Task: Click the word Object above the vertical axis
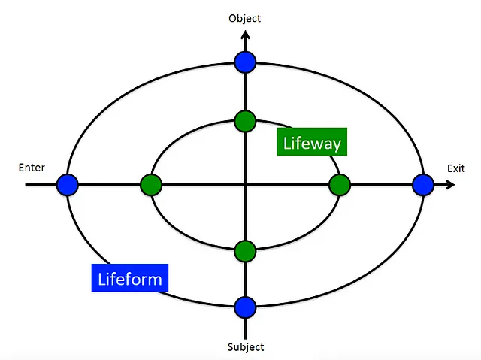(245, 18)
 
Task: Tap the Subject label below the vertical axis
(245, 346)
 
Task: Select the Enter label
(32, 168)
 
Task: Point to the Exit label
(455, 168)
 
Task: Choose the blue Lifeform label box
(129, 278)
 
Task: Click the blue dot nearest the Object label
(245, 62)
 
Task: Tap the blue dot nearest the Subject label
(245, 307)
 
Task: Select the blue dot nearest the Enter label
(68, 184)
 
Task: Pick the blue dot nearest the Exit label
(423, 184)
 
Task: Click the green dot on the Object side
(245, 120)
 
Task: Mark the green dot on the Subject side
(245, 250)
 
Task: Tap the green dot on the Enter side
(151, 184)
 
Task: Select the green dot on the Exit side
(340, 184)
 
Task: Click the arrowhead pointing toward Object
(245, 33)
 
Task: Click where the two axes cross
(245, 184)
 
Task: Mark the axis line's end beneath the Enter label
(26, 184)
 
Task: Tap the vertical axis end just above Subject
(245, 336)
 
